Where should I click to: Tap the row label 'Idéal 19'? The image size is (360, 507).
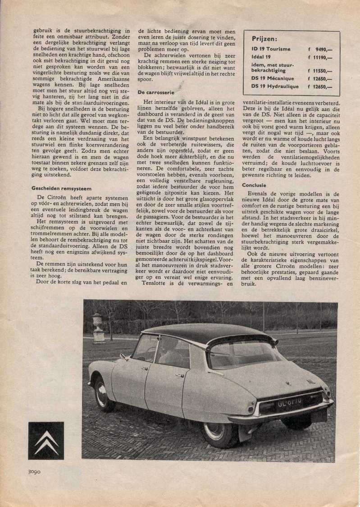[x=261, y=58]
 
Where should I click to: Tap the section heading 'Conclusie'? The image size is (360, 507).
[x=254, y=185]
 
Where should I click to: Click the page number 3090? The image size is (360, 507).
[x=31, y=472]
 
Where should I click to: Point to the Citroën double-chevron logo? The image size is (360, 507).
[x=46, y=440]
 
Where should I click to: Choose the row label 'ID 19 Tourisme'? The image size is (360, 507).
[x=271, y=49]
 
